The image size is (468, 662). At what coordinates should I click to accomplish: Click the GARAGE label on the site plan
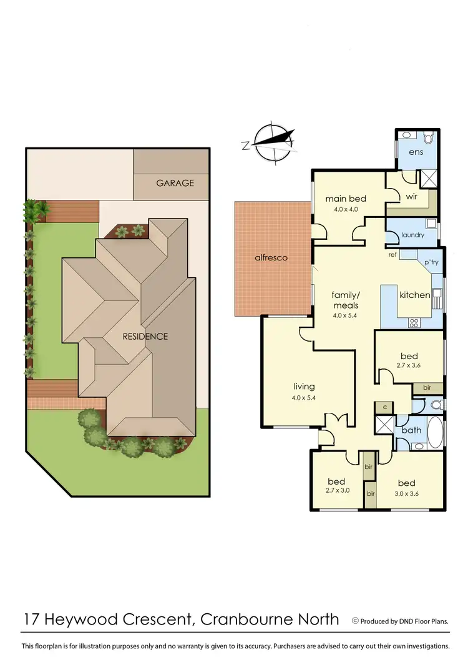[175, 183]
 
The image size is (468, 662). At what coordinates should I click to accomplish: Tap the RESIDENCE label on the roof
[145, 336]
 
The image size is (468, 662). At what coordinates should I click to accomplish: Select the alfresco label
[270, 257]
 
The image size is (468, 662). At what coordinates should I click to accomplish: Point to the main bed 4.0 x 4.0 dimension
[346, 209]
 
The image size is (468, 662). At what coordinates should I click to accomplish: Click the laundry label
[412, 235]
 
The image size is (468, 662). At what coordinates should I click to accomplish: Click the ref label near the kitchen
[392, 255]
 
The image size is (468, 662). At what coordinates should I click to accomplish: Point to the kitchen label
[415, 294]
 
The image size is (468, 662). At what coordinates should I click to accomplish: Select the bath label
[411, 430]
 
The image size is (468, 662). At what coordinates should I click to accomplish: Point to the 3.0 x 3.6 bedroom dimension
[406, 493]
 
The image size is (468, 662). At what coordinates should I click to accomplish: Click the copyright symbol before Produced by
[356, 621]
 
